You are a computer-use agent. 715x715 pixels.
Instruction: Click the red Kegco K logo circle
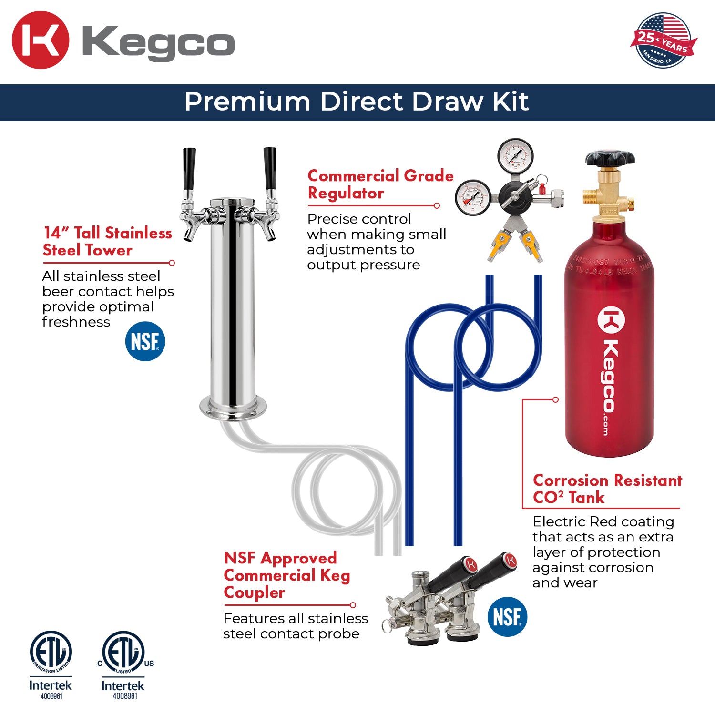click(41, 41)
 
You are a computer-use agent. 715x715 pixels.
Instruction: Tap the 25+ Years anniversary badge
click(663, 41)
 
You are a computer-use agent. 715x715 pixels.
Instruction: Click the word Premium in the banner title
click(247, 102)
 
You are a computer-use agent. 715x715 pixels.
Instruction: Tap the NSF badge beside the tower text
click(145, 341)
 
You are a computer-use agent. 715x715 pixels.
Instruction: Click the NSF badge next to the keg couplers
click(507, 617)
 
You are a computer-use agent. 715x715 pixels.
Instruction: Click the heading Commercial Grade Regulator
click(380, 184)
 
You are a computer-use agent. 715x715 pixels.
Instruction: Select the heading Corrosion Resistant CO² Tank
click(607, 489)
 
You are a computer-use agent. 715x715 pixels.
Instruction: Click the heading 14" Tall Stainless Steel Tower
click(107, 241)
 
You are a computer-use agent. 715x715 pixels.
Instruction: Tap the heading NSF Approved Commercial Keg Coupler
click(286, 575)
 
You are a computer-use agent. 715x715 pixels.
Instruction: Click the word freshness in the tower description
click(76, 322)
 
